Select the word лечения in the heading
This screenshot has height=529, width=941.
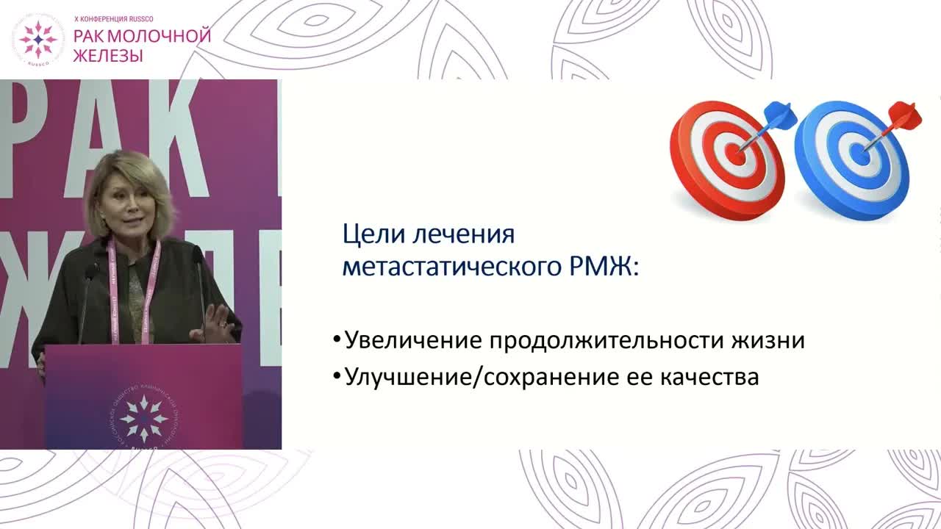click(x=463, y=235)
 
